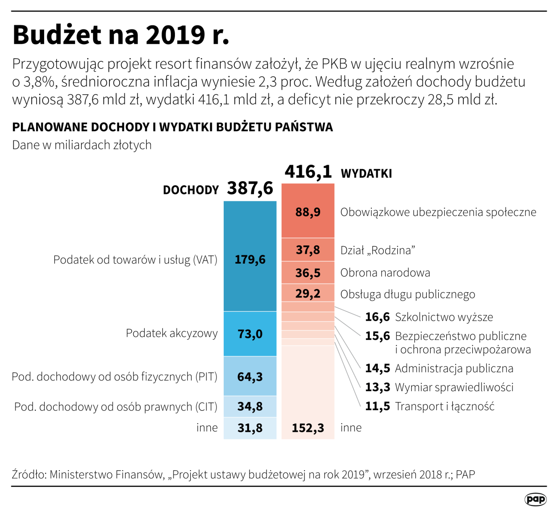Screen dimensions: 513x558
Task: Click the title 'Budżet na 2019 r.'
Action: click(121, 35)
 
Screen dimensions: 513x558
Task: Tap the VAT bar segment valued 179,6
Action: click(250, 259)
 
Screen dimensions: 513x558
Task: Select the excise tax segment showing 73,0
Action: click(250, 334)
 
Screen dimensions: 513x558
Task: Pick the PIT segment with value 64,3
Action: click(250, 376)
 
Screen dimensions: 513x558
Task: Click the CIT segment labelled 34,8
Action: click(250, 406)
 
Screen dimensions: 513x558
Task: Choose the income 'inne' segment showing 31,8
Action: click(250, 428)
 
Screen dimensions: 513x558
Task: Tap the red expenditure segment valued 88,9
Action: click(308, 211)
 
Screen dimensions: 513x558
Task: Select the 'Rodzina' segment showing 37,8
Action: click(308, 250)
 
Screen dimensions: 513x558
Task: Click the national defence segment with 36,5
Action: click(308, 273)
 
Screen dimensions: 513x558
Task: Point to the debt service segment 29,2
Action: click(308, 294)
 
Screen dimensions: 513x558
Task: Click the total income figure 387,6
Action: click(250, 188)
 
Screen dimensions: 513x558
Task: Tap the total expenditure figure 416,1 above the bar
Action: click(308, 172)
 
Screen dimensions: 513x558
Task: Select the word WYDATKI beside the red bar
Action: click(366, 174)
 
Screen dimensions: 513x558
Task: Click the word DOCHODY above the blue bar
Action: click(191, 190)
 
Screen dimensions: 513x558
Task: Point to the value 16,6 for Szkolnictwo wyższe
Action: click(377, 317)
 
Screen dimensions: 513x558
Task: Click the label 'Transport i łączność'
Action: click(445, 406)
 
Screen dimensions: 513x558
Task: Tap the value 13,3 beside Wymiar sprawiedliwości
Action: click(377, 387)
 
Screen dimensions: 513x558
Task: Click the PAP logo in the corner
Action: click(535, 499)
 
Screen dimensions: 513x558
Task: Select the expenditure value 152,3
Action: click(308, 428)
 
